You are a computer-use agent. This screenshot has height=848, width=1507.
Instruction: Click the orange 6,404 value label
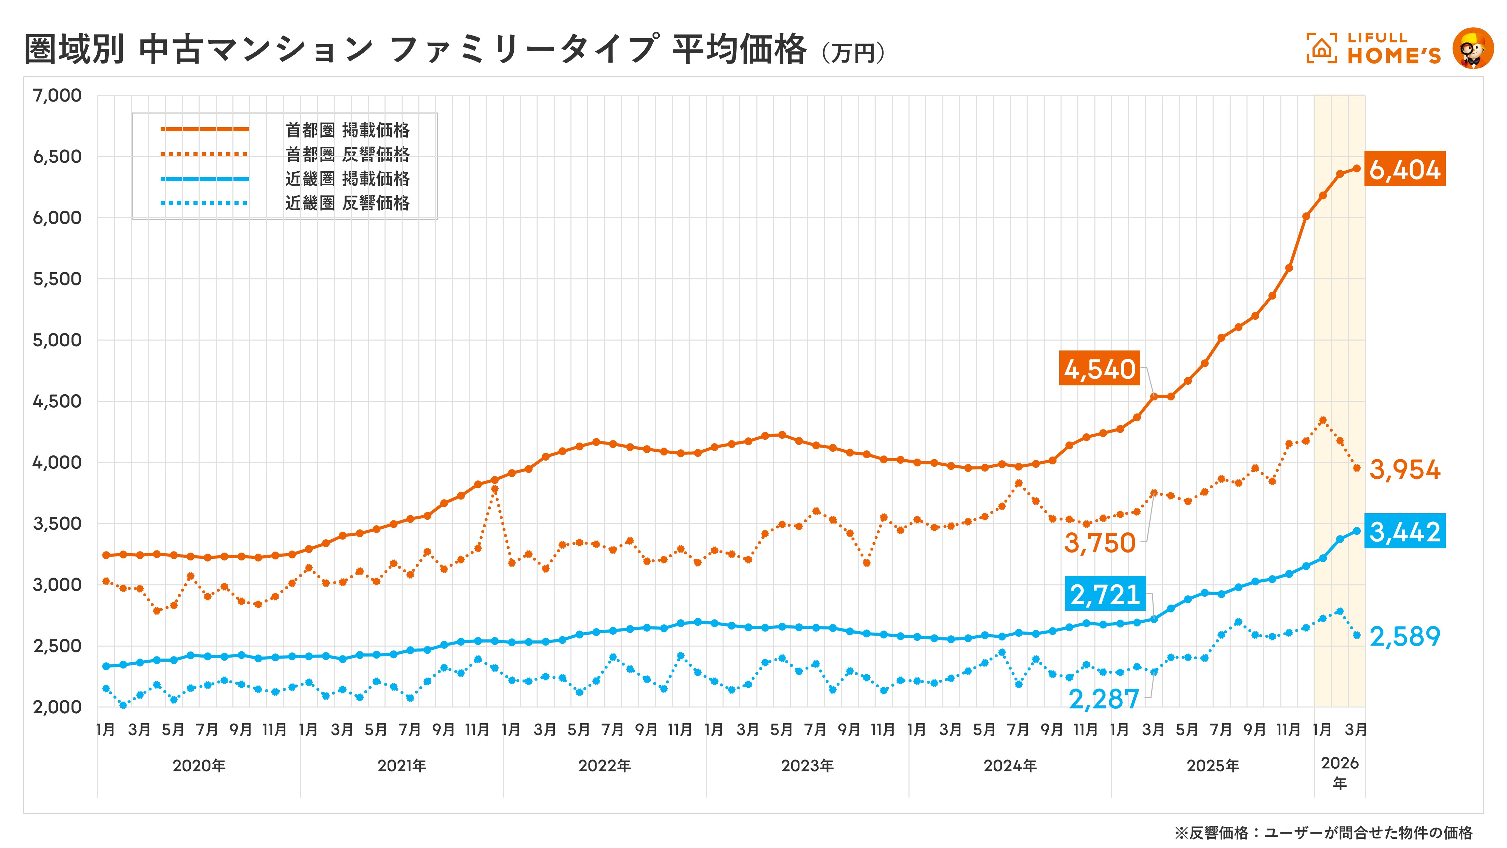[1404, 169]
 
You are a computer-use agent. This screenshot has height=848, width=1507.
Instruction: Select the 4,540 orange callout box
[1099, 369]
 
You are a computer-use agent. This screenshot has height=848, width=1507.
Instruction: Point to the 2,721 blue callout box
[1104, 594]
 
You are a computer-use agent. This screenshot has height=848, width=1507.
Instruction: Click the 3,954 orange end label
[1404, 469]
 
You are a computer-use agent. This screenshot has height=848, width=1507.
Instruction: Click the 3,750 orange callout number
[1099, 543]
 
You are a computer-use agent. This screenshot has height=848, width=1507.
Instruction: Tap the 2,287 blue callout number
[1103, 699]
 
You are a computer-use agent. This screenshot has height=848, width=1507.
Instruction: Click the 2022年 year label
[604, 766]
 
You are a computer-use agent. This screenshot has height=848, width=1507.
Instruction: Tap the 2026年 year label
[1340, 772]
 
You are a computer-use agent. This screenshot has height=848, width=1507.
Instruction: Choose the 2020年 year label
[199, 766]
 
